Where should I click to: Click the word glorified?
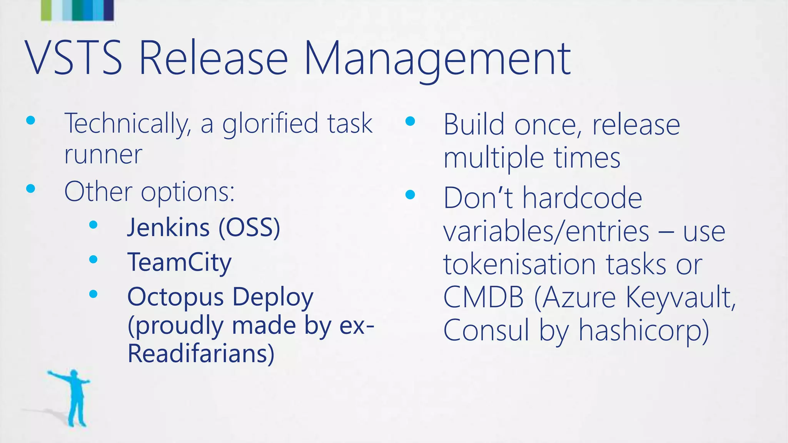270,124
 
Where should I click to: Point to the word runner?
103,155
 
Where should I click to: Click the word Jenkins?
169,228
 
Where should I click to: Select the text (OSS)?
249,228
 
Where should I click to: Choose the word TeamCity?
179,262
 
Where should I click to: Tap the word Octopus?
175,297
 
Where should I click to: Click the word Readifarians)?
201,353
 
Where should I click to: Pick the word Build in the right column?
474,125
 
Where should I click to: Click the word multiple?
494,158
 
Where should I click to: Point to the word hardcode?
582,198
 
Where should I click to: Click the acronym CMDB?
483,297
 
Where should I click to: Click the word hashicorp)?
644,330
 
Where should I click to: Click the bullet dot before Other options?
31,189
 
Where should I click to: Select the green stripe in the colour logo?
46,10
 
